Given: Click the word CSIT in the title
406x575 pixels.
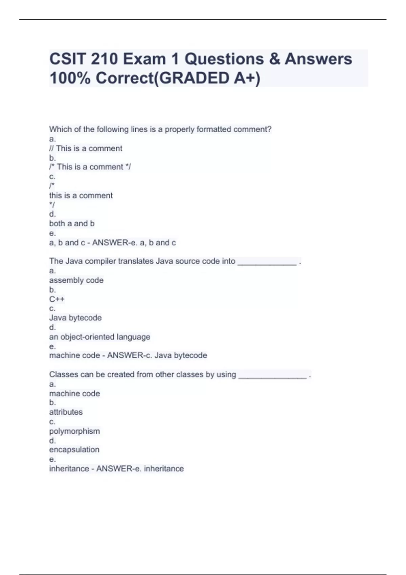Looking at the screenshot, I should (x=67, y=59).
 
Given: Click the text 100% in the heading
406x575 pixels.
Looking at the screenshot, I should (x=70, y=78).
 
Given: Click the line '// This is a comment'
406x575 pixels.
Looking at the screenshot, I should (x=86, y=148).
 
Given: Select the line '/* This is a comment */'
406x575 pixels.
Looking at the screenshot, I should (x=90, y=167).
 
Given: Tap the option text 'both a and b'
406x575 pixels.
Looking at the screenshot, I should (x=72, y=224).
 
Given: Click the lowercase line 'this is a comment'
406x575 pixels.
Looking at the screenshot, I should (x=81, y=195).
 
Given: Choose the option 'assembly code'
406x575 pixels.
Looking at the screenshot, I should (x=76, y=280).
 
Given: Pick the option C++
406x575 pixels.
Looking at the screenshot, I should (x=57, y=299).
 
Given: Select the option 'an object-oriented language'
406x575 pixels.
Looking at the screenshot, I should (x=99, y=337).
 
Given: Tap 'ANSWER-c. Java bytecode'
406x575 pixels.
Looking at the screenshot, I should (x=157, y=355).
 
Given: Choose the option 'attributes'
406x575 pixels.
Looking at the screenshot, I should (x=66, y=412).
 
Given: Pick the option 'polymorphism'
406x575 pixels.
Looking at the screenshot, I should (x=74, y=431).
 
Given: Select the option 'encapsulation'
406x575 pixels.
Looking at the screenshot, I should (x=74, y=450).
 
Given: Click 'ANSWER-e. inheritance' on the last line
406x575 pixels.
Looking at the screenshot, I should (x=140, y=469).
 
